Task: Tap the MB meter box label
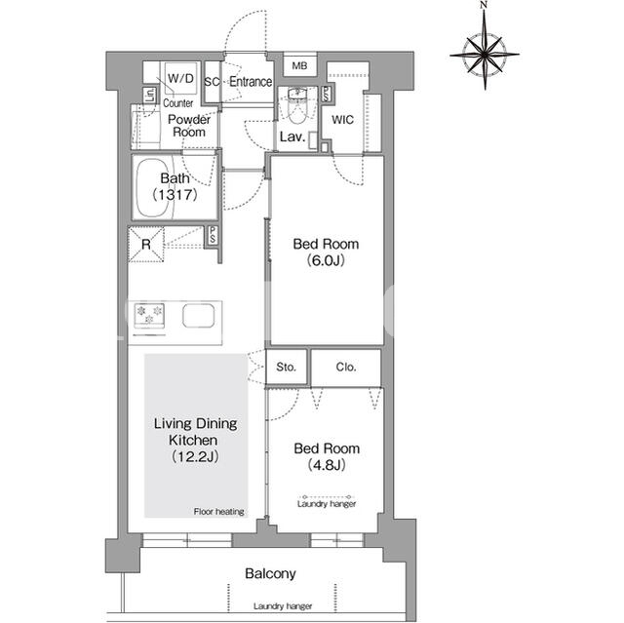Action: tap(299, 65)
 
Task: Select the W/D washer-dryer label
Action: tap(180, 78)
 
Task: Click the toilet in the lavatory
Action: tap(296, 106)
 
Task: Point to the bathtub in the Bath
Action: tap(156, 188)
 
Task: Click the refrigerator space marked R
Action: tap(146, 245)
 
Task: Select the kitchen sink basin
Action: tap(199, 316)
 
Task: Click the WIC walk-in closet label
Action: tap(342, 119)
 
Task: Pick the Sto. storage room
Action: tap(286, 367)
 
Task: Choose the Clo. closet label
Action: tap(346, 367)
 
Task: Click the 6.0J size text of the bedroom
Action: tap(326, 260)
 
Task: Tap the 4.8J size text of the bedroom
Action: tap(327, 465)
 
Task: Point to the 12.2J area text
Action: tap(195, 456)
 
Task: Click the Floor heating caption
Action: tap(218, 512)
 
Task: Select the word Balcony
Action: tap(271, 573)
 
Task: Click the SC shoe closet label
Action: tap(213, 82)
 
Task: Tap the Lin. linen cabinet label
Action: tap(149, 96)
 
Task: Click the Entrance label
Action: tap(251, 82)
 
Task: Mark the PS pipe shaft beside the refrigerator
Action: tap(213, 235)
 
